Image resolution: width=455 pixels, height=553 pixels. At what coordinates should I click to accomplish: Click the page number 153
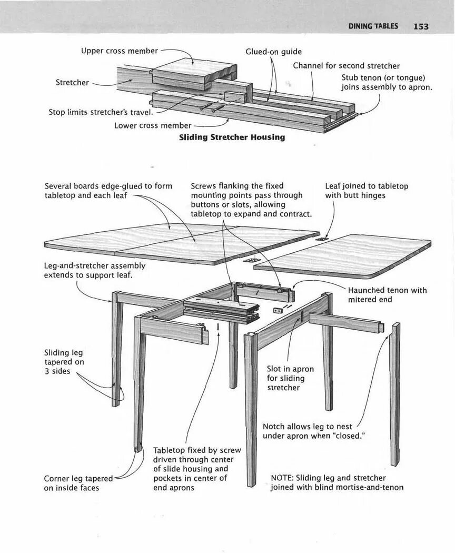tap(421, 26)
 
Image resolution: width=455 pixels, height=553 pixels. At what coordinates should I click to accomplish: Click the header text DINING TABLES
tap(373, 26)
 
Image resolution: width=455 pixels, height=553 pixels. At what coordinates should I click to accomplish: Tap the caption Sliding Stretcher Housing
tap(232, 137)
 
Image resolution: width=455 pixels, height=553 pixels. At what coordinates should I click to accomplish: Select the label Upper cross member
tap(119, 51)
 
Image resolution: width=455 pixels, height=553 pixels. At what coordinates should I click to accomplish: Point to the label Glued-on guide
tap(273, 52)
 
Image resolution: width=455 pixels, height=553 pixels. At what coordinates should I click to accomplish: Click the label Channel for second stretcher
tap(346, 66)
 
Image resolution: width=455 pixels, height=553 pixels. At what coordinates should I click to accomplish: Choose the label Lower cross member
tap(153, 125)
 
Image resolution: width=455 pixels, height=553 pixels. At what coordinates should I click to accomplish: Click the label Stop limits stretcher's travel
tap(101, 112)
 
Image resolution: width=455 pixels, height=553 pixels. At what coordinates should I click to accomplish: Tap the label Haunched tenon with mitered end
tap(387, 295)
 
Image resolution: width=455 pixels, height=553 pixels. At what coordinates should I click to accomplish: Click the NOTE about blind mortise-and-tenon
tap(337, 482)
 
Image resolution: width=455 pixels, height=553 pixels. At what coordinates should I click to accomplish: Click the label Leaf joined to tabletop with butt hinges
tap(366, 191)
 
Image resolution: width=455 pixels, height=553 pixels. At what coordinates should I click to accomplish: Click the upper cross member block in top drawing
tap(190, 71)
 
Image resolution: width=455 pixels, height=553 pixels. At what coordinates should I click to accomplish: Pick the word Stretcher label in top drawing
tap(72, 83)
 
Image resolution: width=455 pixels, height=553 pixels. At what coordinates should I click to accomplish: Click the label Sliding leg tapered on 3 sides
tap(64, 362)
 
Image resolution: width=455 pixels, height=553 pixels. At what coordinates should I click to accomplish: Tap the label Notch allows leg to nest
tap(314, 431)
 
